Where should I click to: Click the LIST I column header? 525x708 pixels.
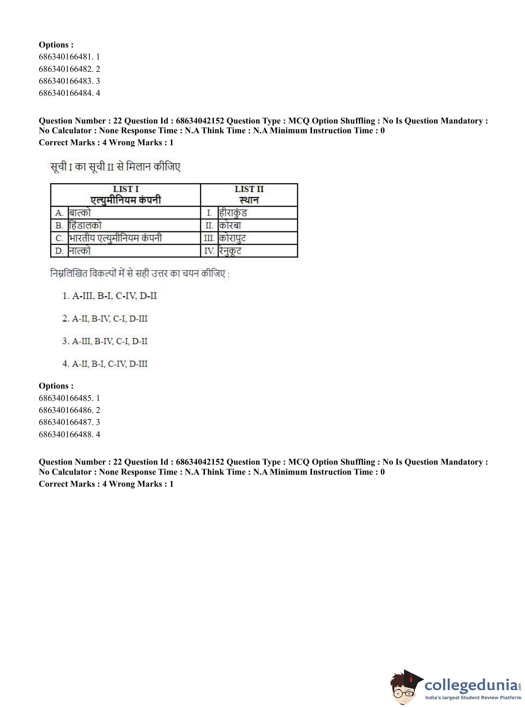[x=126, y=194]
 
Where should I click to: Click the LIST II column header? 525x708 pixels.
[x=249, y=194]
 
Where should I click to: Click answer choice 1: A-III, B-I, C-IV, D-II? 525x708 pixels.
[x=110, y=296]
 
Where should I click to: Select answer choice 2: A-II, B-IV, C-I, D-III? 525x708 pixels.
[x=105, y=319]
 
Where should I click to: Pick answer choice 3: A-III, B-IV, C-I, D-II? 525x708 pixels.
[x=105, y=341]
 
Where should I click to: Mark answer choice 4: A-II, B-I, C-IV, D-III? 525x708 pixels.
[x=105, y=364]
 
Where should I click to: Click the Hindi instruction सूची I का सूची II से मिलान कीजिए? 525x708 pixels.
[x=115, y=166]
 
